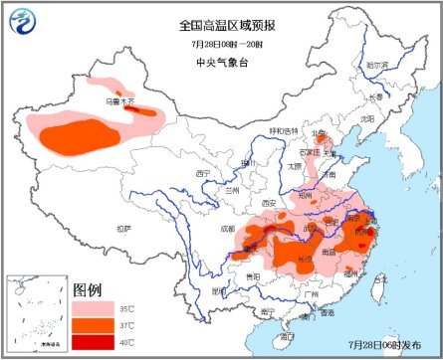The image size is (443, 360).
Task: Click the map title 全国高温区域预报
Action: pyautogui.click(x=221, y=23)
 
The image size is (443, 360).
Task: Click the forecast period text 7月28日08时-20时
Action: pyautogui.click(x=221, y=44)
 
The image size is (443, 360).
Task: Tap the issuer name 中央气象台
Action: pyautogui.click(x=221, y=64)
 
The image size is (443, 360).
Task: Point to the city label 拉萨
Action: pyautogui.click(x=122, y=228)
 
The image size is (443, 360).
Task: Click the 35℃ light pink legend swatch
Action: pyautogui.click(x=94, y=308)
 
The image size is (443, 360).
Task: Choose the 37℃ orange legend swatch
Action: pyautogui.click(x=94, y=326)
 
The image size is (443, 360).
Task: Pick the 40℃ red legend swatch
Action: pyautogui.click(x=94, y=343)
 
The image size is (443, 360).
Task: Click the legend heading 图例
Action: pyautogui.click(x=88, y=289)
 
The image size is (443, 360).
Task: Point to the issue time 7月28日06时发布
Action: pyautogui.click(x=384, y=343)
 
